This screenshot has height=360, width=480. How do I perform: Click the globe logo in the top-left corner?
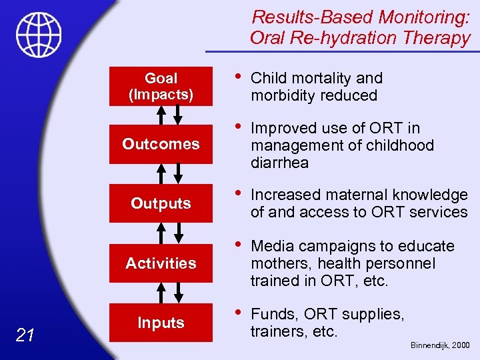[x=39, y=34]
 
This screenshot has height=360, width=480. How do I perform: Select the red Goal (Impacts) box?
[x=161, y=87]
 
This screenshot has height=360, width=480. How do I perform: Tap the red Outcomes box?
[x=161, y=144]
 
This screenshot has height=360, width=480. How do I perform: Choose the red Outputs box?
[x=161, y=203]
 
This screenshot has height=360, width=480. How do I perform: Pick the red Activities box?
[x=161, y=263]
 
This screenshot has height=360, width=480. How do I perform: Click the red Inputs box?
[x=161, y=323]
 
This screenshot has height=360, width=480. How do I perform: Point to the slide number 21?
[x=25, y=335]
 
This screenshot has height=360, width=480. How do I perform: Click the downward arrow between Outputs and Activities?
[x=177, y=233]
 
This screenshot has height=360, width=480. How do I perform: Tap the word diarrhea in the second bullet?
[x=279, y=163]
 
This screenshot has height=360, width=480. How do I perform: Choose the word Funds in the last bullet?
[x=273, y=313]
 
